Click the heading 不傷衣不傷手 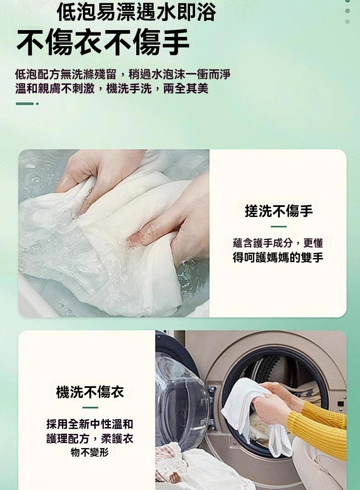pos(103,42)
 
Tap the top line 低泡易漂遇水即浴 pos(136,12)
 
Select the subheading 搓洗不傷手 pos(279,211)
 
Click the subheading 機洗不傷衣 pos(90,392)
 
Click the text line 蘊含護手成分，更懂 pos(278,243)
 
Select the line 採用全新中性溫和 pos(90,424)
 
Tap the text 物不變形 pos(90,452)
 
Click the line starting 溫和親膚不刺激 pos(112,89)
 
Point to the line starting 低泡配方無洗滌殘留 pos(123,74)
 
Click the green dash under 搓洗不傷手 pos(278,227)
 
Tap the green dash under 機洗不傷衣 pos(90,407)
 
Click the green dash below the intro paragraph pos(25,103)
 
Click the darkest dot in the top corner pos(348,1)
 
